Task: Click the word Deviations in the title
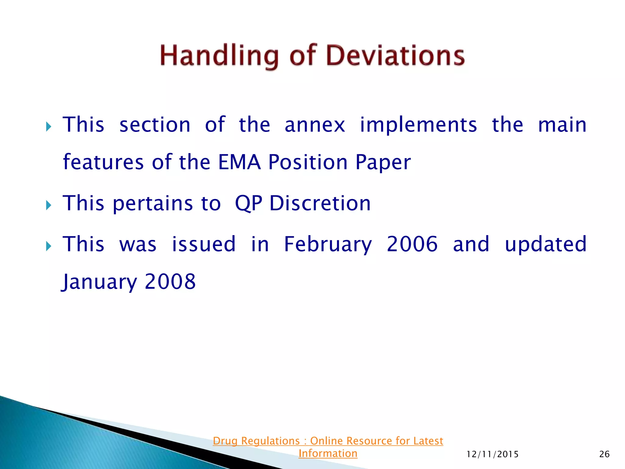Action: [395, 56]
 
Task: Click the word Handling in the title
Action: [219, 56]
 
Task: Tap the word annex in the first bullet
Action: [315, 125]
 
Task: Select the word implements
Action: [418, 125]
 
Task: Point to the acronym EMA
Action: [240, 162]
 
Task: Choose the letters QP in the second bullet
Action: [248, 203]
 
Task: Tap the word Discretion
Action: [320, 203]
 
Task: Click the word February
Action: [328, 244]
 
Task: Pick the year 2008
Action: [170, 282]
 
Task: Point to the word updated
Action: [546, 244]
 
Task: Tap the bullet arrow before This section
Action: [49, 126]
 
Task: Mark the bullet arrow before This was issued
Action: [49, 246]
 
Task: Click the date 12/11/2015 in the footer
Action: [493, 454]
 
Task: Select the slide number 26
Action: [604, 454]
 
